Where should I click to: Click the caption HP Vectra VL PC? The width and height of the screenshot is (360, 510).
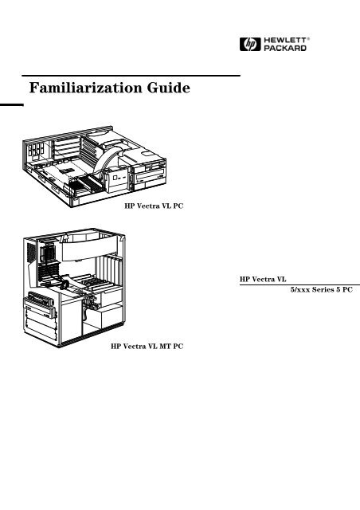click(155, 206)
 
